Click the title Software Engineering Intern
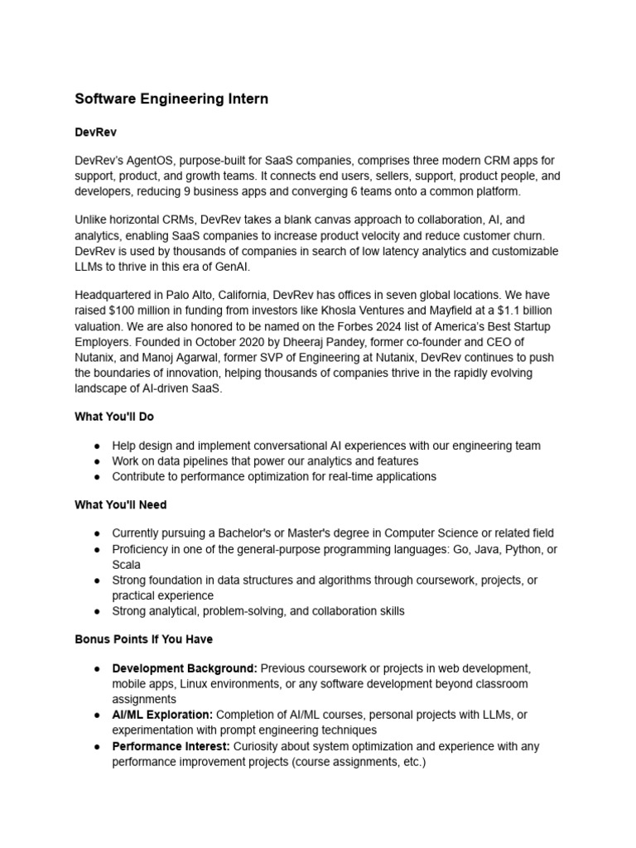point(171,99)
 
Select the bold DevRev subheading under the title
point(96,131)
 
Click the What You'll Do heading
point(114,417)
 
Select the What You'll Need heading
point(121,504)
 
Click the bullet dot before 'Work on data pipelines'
point(97,461)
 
